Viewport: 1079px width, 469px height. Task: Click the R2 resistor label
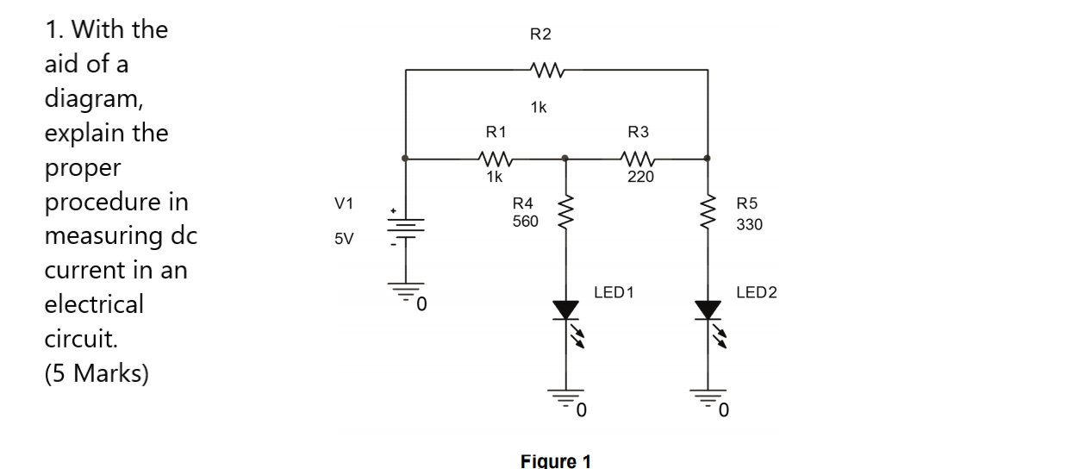click(x=540, y=34)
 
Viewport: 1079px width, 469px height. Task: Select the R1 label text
click(x=496, y=132)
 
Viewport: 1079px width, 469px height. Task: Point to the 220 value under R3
click(x=640, y=177)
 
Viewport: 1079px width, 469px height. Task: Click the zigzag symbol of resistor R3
click(x=639, y=159)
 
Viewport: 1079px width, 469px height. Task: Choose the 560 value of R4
click(x=525, y=222)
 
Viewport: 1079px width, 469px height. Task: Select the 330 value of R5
click(x=750, y=224)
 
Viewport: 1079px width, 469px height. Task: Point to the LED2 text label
click(x=756, y=293)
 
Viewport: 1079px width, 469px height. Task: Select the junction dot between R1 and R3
click(x=565, y=159)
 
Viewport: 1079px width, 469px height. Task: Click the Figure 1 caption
click(x=556, y=460)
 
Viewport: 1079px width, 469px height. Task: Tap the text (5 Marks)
click(x=96, y=373)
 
